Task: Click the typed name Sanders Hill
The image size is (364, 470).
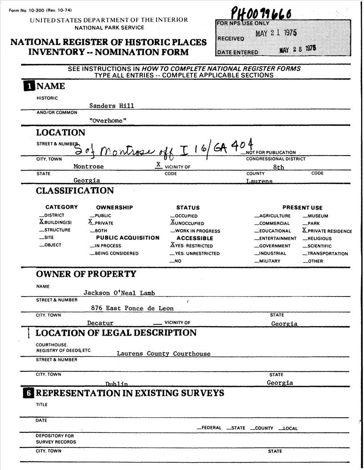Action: click(112, 106)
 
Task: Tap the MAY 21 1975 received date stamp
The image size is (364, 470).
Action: click(276, 33)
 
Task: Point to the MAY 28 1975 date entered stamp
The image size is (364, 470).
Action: click(297, 48)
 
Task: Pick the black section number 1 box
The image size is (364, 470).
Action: click(29, 86)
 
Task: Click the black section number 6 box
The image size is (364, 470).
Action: click(29, 393)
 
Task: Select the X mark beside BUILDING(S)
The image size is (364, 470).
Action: click(41, 222)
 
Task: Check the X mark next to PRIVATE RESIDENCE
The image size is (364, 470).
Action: click(305, 230)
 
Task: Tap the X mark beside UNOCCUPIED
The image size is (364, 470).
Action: click(173, 223)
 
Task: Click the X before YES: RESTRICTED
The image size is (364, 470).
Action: click(173, 245)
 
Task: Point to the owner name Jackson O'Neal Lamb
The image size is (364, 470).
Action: click(119, 293)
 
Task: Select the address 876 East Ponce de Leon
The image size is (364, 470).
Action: click(132, 308)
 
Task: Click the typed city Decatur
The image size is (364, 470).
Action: click(100, 323)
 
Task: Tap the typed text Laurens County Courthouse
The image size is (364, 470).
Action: click(163, 353)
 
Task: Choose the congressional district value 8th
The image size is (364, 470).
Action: click(278, 167)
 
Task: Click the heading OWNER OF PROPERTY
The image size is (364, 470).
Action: click(86, 274)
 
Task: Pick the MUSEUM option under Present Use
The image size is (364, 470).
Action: click(318, 216)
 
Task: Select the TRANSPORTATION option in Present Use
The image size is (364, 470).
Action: click(327, 254)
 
